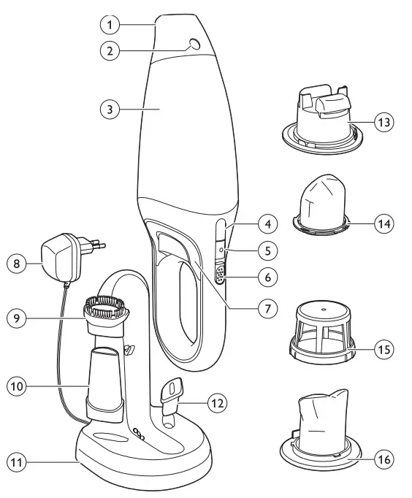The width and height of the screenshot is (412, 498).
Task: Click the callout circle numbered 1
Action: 109,24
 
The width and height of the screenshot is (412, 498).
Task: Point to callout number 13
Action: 383,122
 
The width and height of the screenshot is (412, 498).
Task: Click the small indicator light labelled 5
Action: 221,250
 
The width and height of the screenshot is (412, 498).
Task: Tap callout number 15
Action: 383,349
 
